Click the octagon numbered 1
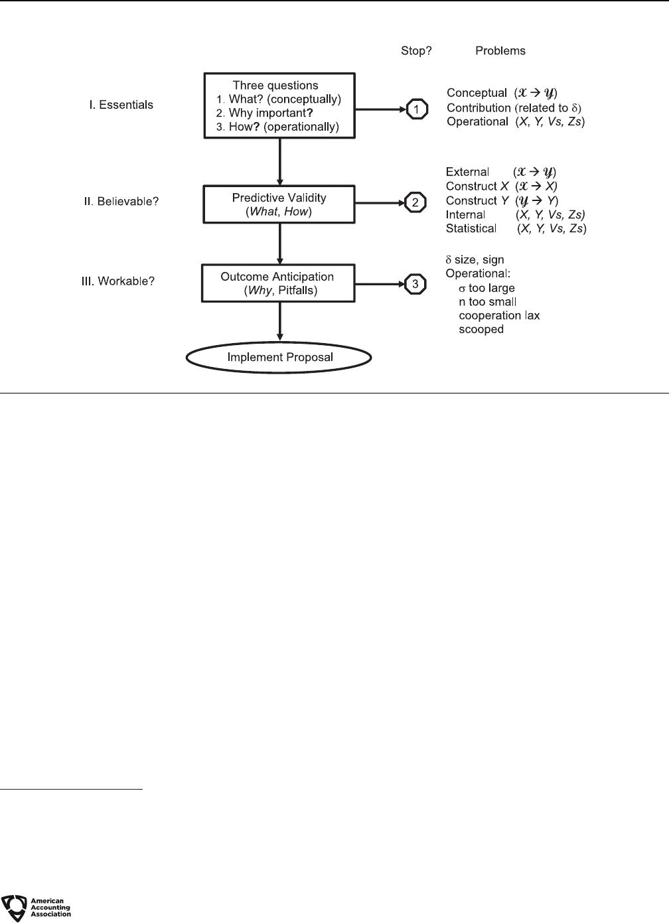pos(417,109)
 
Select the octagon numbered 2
pos(415,202)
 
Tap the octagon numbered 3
pos(415,284)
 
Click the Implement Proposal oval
pos(279,357)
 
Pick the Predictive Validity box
pos(279,204)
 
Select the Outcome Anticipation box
pos(278,283)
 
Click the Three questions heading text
pos(275,86)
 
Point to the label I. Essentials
pos(121,105)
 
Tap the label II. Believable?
pos(121,202)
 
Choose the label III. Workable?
pos(118,281)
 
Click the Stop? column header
pos(416,50)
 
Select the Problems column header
pos(500,50)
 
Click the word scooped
pos(481,329)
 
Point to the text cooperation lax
pos(499,315)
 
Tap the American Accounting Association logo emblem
pos(15,908)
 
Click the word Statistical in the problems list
pos(471,228)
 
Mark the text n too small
pos(488,302)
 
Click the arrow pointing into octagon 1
pos(381,109)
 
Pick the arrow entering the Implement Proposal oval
pos(280,321)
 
